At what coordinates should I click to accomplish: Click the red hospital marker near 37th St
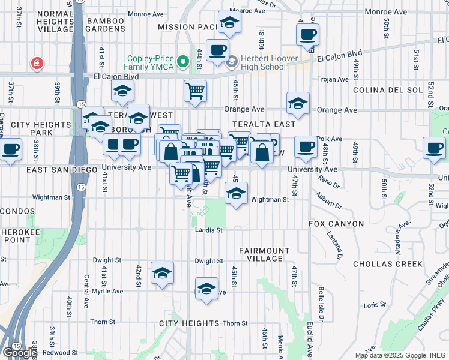point(37,63)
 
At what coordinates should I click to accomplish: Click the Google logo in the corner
point(19,353)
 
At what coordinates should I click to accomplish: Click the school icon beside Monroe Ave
point(229,23)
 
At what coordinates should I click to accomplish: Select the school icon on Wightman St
point(237,194)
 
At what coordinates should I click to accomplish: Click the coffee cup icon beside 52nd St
point(434,148)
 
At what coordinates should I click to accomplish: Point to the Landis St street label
point(209,230)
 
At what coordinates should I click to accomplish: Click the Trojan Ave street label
point(333,79)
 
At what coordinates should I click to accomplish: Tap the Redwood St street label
point(59,353)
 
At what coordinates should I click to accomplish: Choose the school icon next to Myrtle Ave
point(206,289)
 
